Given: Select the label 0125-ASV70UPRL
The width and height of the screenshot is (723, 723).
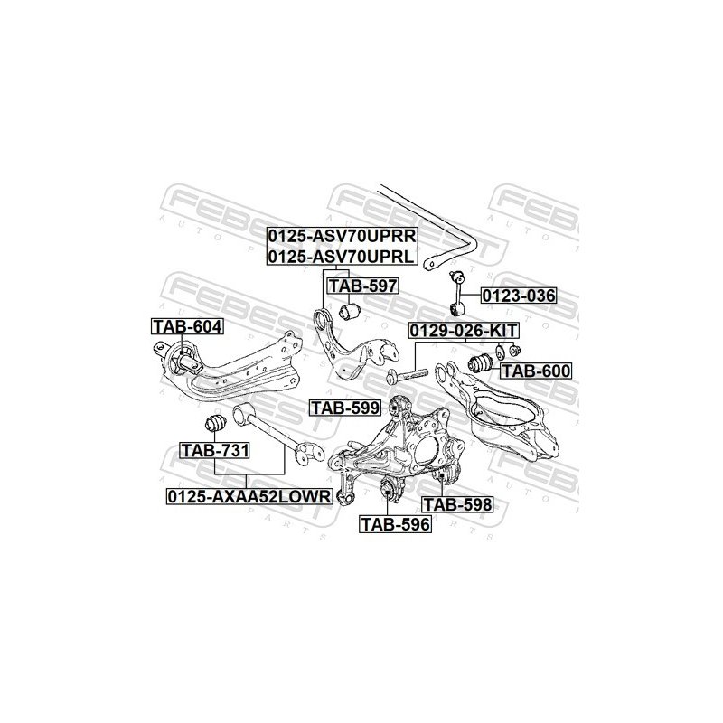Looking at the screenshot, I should pos(341,257).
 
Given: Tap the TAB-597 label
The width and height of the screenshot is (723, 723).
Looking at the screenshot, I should pos(361,286).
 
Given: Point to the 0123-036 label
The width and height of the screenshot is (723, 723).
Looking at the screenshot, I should pos(518,296).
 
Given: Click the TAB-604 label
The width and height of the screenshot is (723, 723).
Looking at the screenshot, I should pos(185,325).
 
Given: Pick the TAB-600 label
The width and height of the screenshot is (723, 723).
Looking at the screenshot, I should pos(536,370).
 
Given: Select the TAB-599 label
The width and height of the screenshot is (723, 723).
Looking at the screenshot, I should pos(345,408).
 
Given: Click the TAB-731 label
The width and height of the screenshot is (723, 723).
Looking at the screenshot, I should pos(214,449).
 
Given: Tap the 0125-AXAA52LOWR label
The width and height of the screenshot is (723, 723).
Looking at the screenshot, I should pos(249,495).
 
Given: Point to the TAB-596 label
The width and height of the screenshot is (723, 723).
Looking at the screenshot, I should pos(395,521).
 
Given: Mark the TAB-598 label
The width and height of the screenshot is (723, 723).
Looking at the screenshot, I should pos(457,505).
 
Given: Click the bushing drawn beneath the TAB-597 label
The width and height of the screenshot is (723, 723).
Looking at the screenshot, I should pos(354,312).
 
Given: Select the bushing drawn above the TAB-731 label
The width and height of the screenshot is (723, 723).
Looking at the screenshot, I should pos(216,421).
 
